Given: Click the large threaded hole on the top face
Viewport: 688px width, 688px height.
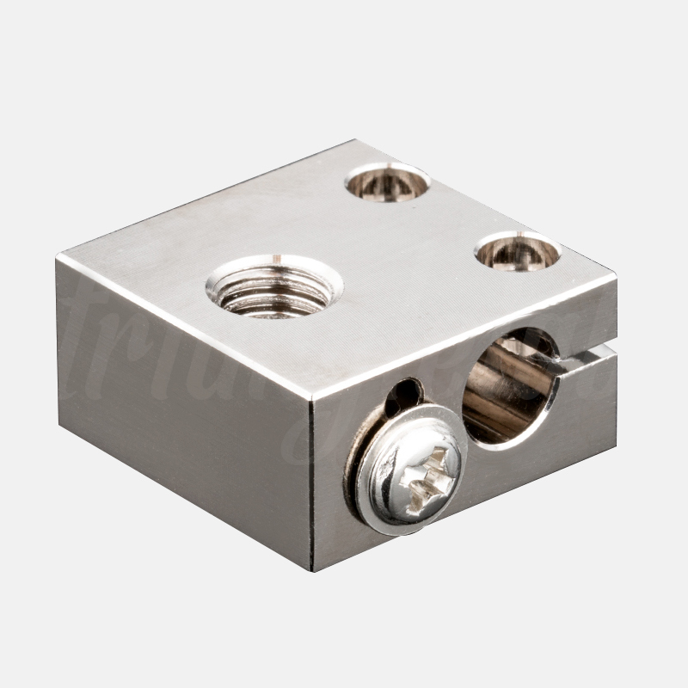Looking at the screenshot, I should tap(274, 286).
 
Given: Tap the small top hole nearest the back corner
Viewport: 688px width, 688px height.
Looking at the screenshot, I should tap(387, 181).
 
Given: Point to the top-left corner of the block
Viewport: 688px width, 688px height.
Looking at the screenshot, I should tap(58, 259).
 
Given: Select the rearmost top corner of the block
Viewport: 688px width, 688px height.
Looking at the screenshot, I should tap(353, 141).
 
